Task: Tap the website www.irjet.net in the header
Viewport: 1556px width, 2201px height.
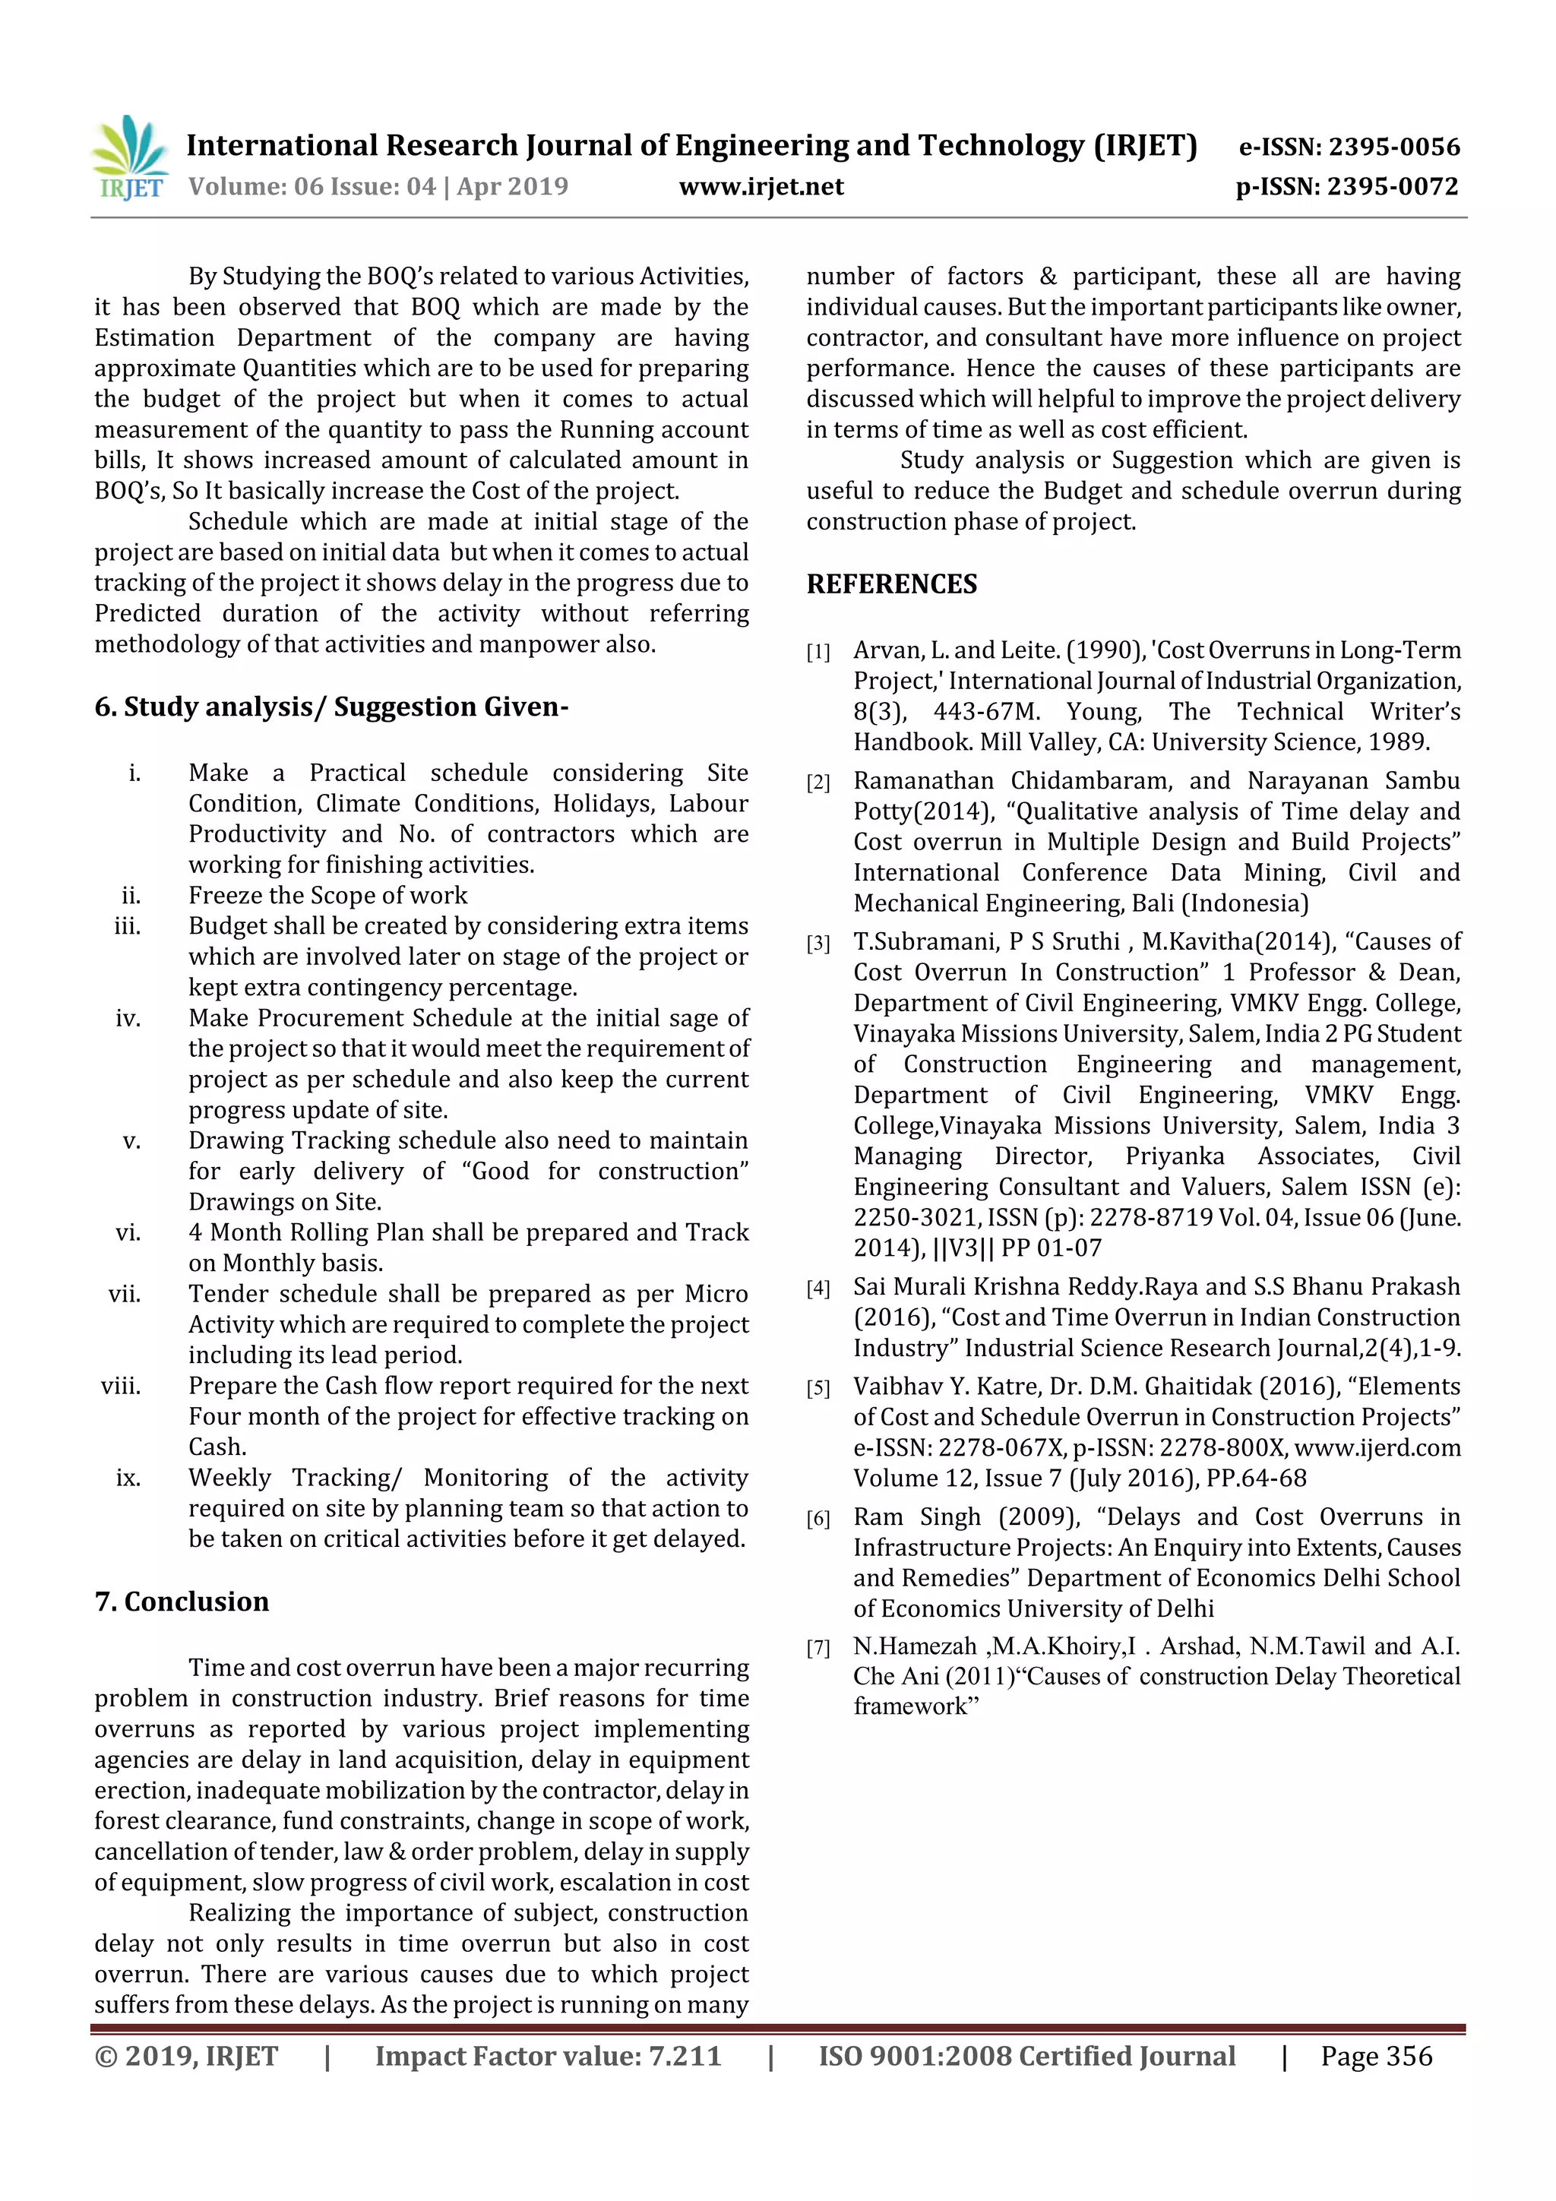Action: (761, 187)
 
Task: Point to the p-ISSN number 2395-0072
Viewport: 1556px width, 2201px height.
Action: (1392, 187)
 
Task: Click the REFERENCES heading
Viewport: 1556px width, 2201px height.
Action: (892, 583)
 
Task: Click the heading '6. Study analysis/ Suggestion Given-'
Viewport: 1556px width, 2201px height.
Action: (330, 707)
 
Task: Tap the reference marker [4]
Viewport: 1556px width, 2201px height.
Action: (818, 1289)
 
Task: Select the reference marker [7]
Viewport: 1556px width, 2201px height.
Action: (818, 1649)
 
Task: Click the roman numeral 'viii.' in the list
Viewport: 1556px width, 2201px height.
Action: (121, 1387)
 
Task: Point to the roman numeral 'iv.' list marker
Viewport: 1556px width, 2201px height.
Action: (128, 1018)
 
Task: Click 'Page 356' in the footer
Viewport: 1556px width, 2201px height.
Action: (1376, 2055)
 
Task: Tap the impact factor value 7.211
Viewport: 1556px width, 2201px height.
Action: (685, 2055)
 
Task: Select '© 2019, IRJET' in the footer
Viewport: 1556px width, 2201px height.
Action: (186, 2055)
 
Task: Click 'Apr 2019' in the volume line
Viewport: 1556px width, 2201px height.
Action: (513, 187)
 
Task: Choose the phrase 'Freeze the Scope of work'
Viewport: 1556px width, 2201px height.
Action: (328, 895)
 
